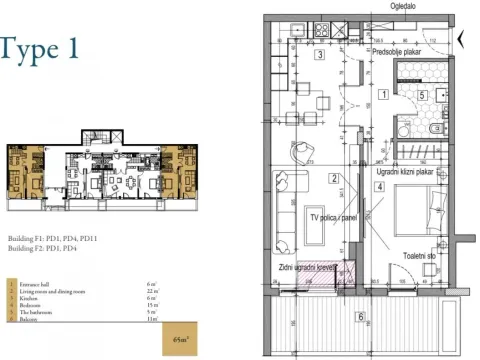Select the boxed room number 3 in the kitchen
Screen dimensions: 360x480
click(318, 56)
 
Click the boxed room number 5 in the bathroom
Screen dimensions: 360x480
click(422, 96)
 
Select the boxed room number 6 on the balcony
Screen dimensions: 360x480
click(360, 317)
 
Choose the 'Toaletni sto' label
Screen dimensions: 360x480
click(420, 256)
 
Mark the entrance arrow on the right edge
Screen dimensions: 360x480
click(461, 41)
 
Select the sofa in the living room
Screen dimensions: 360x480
click(284, 205)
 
